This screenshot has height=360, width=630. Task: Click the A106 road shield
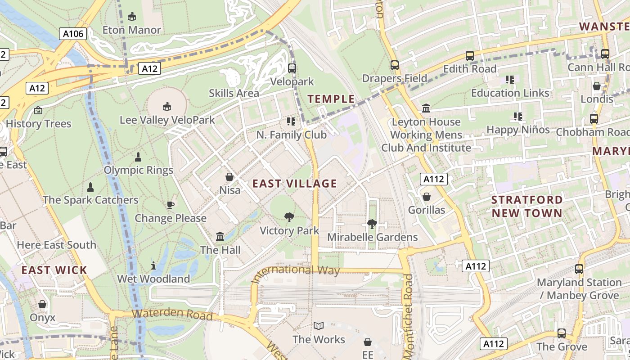72,33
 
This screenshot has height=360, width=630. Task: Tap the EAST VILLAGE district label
294,184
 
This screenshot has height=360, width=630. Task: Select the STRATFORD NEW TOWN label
527,207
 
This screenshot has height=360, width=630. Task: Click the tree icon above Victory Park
289,218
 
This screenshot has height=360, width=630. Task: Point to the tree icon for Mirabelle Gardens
372,224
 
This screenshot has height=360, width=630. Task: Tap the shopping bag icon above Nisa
229,177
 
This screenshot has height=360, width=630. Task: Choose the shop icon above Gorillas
426,197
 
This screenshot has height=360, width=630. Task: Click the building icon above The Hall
220,237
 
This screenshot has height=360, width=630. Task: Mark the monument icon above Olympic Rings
138,157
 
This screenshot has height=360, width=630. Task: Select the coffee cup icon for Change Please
171,205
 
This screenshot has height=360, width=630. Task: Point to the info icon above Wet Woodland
153,265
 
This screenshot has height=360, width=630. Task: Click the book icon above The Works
319,326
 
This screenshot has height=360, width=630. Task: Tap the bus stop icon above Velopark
292,68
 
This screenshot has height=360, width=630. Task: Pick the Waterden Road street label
172,314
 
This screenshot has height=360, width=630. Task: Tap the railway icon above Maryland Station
579,269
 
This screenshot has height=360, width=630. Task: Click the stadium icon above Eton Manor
131,17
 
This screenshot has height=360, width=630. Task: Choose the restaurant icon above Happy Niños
518,117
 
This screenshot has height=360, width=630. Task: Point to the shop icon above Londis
597,86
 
